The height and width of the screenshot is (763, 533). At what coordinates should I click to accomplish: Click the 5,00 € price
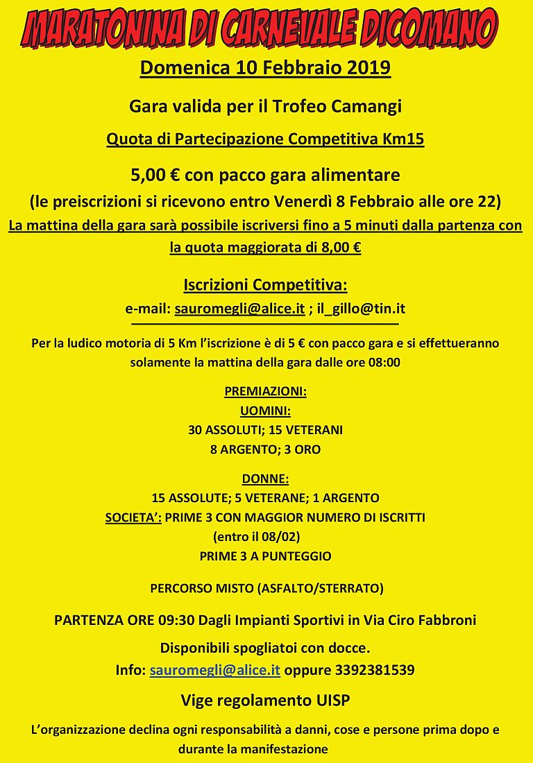tap(155, 175)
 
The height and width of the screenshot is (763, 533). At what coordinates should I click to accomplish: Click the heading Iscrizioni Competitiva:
tap(265, 285)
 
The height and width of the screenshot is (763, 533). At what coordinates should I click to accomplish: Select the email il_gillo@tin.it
tap(361, 309)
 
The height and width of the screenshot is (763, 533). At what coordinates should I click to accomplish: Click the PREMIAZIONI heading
tap(265, 391)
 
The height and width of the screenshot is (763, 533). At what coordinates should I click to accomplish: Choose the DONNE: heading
tap(265, 479)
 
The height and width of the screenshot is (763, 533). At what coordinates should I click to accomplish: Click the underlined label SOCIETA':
tap(133, 517)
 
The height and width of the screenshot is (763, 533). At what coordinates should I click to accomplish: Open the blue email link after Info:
tap(215, 671)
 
